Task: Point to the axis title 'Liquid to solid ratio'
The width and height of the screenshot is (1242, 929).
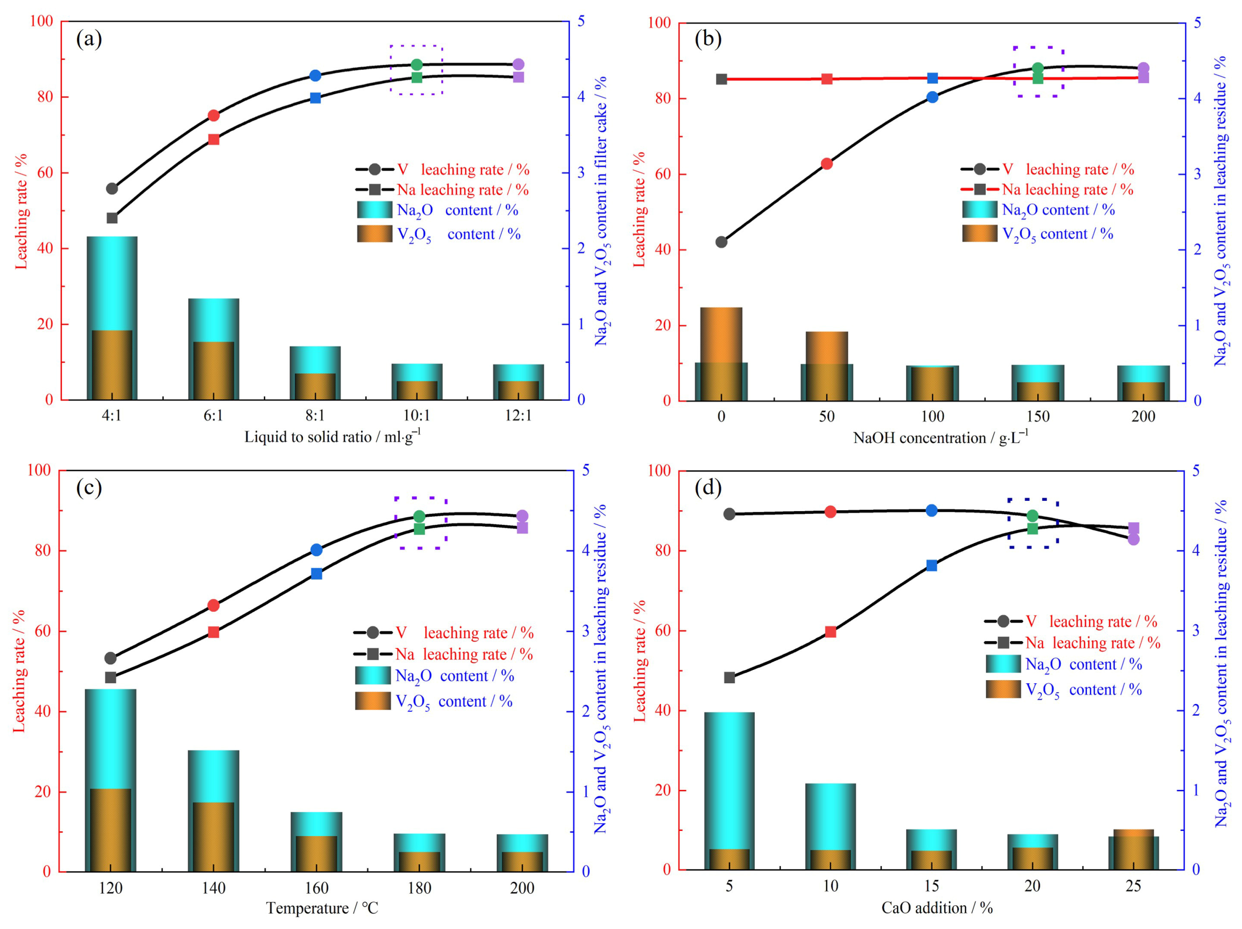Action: click(x=308, y=437)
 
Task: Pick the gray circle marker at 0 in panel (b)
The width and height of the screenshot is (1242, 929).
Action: click(x=721, y=242)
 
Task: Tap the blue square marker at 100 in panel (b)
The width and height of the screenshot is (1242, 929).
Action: click(x=933, y=78)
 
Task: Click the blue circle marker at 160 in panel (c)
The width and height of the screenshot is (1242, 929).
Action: click(x=317, y=550)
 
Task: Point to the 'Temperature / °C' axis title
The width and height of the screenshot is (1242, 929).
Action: click(x=322, y=908)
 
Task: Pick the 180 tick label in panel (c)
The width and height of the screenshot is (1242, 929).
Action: click(x=420, y=888)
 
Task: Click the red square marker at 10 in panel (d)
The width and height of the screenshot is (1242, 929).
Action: click(x=831, y=632)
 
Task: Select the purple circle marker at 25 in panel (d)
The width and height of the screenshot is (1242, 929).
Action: click(x=1134, y=539)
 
